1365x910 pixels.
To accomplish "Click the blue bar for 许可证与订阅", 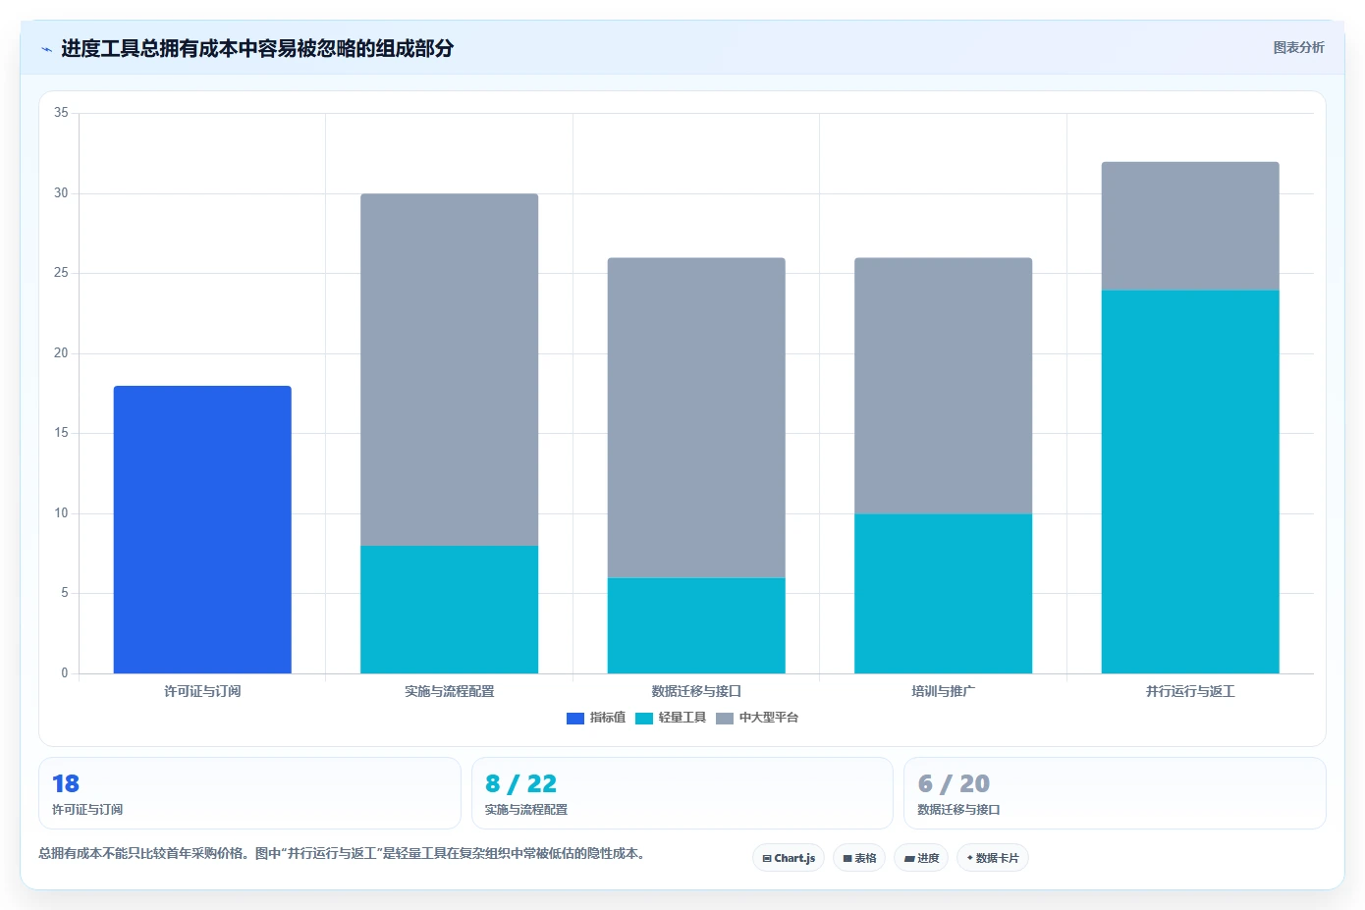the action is point(202,529).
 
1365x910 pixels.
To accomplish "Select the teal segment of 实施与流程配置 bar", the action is point(449,609).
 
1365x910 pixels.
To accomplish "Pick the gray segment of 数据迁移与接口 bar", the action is point(696,417).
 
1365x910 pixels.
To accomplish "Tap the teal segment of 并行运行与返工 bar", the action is point(1190,481).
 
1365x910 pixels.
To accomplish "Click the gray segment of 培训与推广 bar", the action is point(944,386).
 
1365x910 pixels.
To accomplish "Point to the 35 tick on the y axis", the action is point(61,113).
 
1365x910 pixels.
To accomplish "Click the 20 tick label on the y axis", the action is point(61,352).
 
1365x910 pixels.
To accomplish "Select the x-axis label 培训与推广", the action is point(944,691).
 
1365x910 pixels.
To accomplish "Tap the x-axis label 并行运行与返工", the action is point(1190,691).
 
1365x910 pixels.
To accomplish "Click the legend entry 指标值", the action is point(596,718).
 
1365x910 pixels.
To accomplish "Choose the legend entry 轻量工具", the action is point(671,718).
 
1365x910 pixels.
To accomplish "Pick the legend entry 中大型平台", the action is point(757,718).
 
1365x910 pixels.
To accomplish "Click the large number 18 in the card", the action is point(66,783).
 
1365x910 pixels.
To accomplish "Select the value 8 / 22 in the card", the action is point(521,783).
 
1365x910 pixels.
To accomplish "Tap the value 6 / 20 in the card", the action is point(954,783).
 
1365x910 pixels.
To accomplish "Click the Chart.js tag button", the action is point(789,858).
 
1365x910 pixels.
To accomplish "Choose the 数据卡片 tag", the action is point(993,858).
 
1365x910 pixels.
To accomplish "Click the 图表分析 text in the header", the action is point(1298,47).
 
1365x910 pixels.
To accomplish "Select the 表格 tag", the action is point(859,858).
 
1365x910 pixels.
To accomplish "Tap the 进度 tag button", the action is point(921,858).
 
